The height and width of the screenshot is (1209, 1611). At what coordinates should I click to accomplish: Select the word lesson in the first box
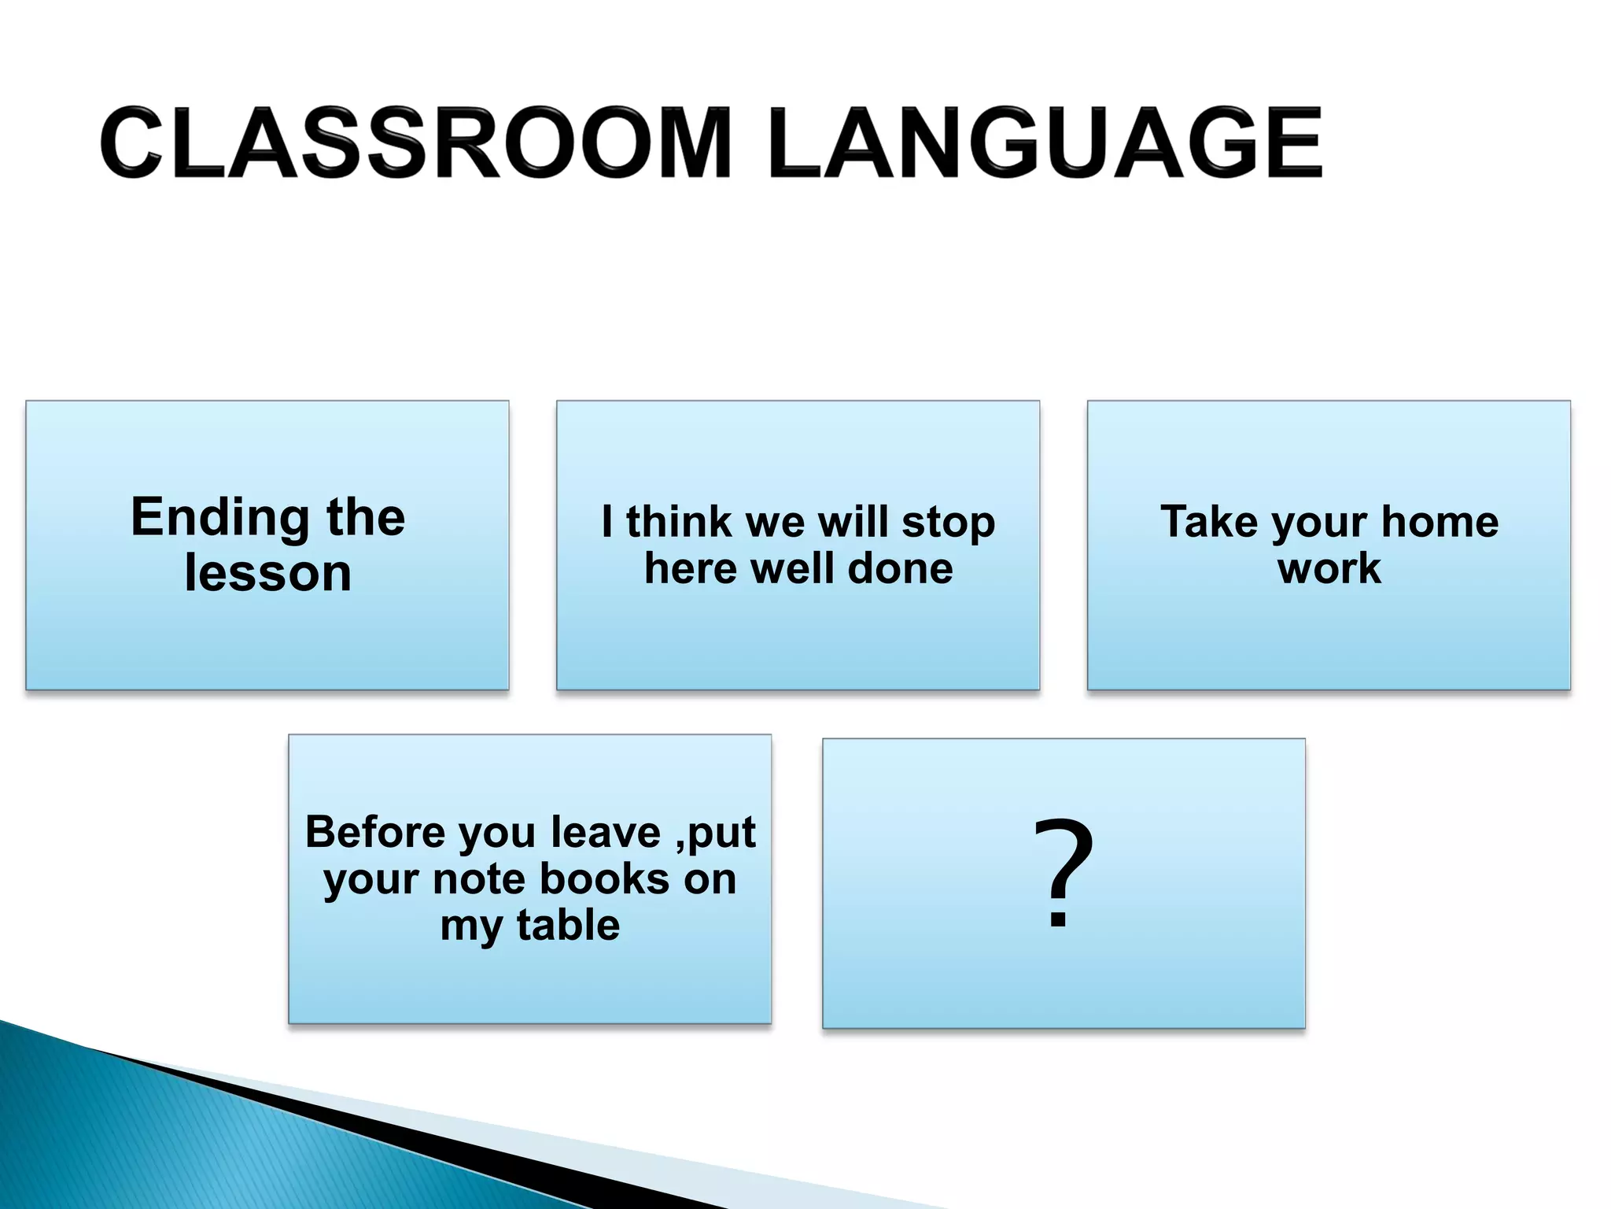click(267, 573)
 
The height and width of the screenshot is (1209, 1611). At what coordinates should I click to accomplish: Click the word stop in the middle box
click(948, 523)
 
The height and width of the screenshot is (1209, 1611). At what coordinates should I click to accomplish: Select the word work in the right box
click(1329, 568)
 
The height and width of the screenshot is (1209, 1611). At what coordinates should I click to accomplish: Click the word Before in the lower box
click(376, 832)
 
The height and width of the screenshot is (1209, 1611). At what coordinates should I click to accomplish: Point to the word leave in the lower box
click(605, 832)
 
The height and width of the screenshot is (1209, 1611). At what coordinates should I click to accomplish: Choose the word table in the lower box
click(568, 925)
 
